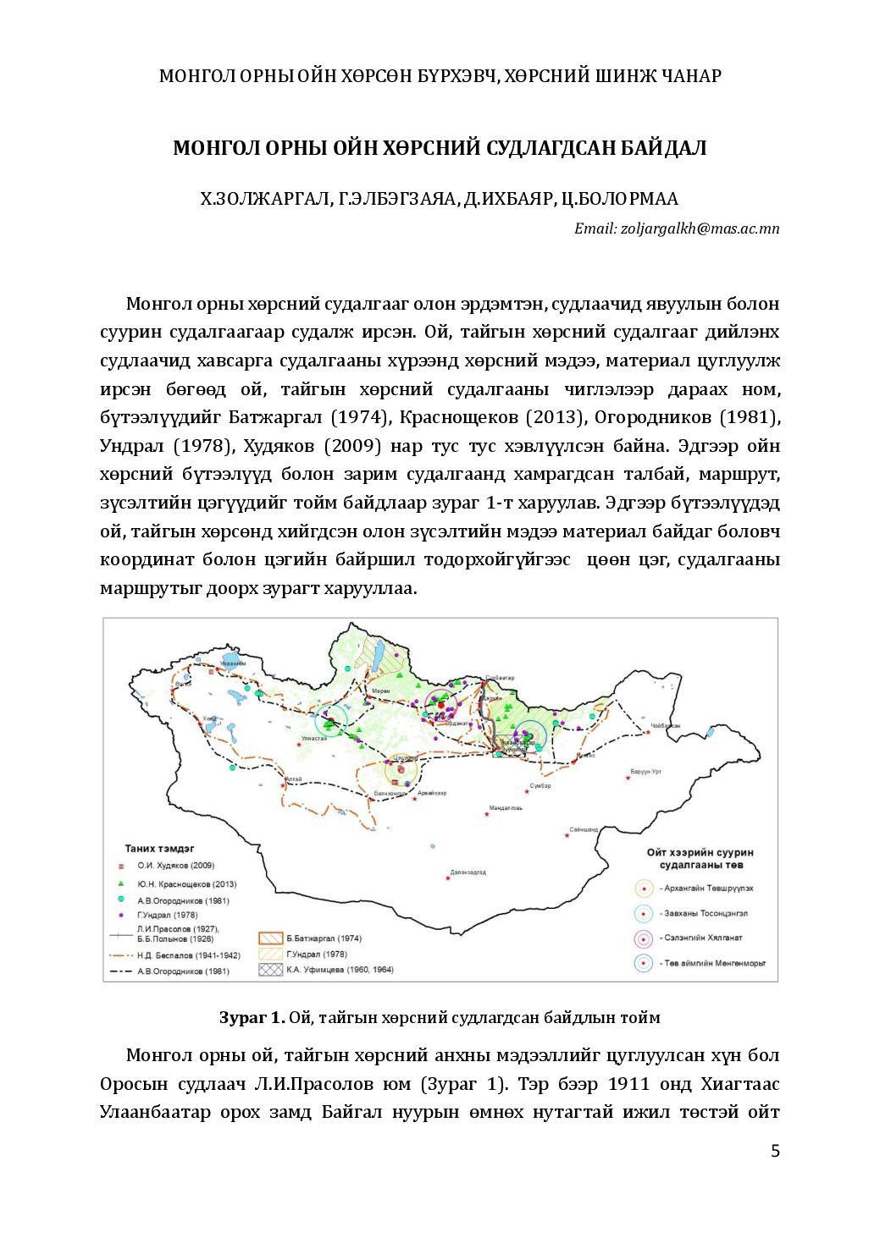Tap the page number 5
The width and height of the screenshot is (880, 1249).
(774, 1151)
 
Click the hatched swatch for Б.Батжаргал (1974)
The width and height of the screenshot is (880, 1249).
(269, 938)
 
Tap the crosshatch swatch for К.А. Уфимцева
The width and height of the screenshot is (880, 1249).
(269, 969)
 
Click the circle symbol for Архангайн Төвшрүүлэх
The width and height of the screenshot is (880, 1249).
(645, 889)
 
